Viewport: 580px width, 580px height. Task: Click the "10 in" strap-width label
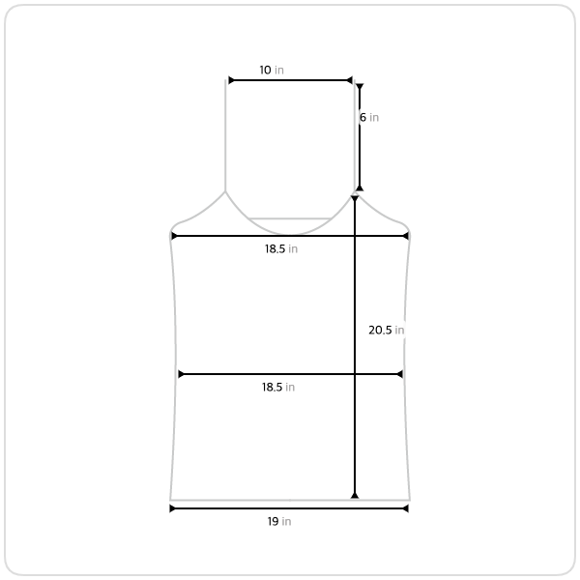pyautogui.click(x=272, y=70)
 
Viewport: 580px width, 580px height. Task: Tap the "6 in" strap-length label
pyautogui.click(x=369, y=117)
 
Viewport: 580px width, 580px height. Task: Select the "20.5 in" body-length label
pyautogui.click(x=386, y=330)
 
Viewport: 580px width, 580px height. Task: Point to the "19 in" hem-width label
pyautogui.click(x=279, y=521)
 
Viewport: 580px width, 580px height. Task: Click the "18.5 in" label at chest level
pyautogui.click(x=281, y=249)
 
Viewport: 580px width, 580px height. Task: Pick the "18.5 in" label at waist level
pyautogui.click(x=278, y=387)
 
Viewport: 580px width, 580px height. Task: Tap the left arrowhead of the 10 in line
pyautogui.click(x=231, y=80)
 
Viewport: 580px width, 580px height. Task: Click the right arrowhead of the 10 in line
pyautogui.click(x=350, y=80)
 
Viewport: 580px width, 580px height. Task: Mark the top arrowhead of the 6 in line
pyautogui.click(x=360, y=87)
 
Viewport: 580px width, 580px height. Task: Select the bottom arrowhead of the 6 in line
pyautogui.click(x=360, y=188)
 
